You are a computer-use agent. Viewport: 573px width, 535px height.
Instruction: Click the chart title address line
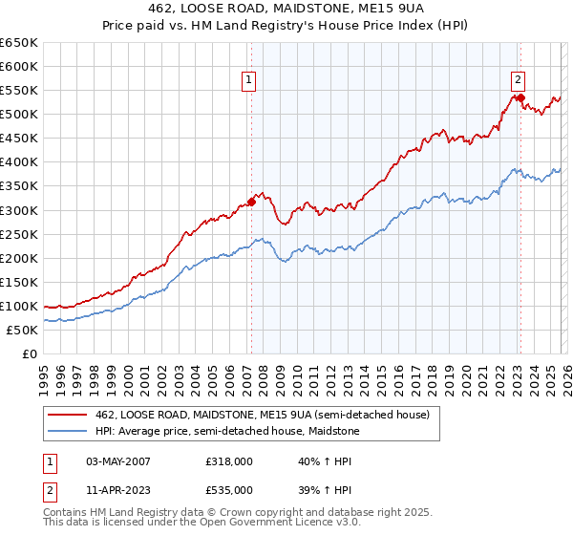coord(286,7)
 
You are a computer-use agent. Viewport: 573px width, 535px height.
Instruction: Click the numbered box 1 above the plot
coord(248,81)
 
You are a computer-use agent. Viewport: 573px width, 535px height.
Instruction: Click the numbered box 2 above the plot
coord(518,81)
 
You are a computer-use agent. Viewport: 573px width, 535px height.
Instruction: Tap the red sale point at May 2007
coord(251,202)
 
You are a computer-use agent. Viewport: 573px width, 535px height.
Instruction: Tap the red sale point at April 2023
coord(520,97)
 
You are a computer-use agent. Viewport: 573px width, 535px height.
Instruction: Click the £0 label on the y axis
coord(30,354)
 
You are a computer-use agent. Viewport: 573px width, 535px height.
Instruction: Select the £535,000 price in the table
coord(231,490)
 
